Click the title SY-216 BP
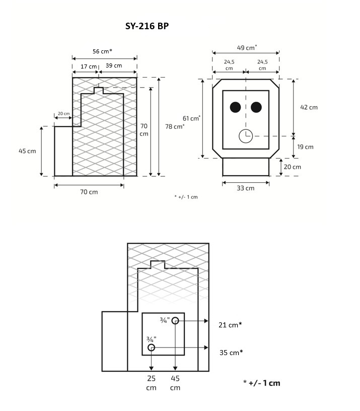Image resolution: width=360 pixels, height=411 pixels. pyautogui.click(x=147, y=26)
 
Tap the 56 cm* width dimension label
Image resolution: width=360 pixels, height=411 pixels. pyautogui.click(x=102, y=51)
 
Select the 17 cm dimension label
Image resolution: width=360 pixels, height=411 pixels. pyautogui.click(x=89, y=66)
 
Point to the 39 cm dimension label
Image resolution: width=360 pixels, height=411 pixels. pyautogui.click(x=114, y=65)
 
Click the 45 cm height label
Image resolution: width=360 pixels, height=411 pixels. pyautogui.click(x=27, y=151)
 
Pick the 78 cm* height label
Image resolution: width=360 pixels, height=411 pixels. pyautogui.click(x=175, y=126)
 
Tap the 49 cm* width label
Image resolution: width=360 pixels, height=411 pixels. pyautogui.click(x=247, y=47)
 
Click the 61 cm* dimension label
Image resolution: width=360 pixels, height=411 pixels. pyautogui.click(x=191, y=118)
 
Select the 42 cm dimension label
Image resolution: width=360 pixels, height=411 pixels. pyautogui.click(x=309, y=107)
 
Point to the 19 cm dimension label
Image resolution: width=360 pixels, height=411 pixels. pyautogui.click(x=305, y=147)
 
